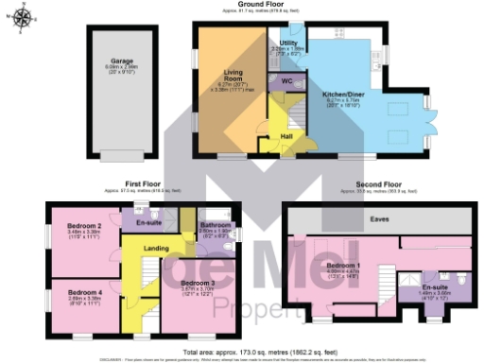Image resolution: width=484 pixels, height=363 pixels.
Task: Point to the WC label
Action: coord(286,81)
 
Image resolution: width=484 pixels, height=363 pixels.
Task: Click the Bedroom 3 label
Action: coord(199,284)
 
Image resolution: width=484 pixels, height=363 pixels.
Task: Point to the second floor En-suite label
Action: coord(434,286)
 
